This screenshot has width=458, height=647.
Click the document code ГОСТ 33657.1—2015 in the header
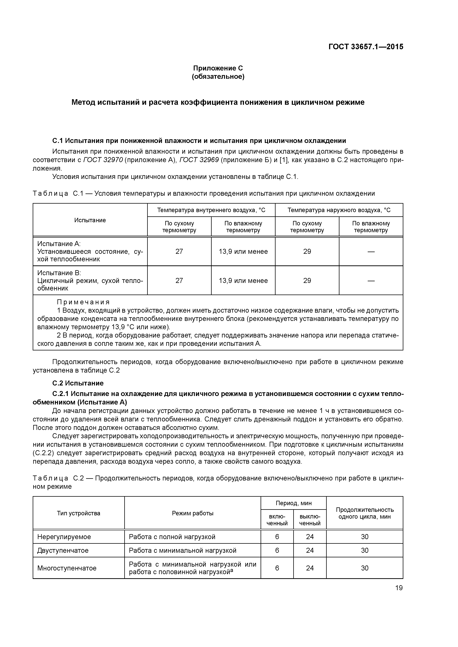pos(365,47)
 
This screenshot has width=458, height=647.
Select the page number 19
pos(399,588)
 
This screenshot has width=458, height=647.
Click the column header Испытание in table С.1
pos(90,220)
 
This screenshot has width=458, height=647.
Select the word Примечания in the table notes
pos(83,302)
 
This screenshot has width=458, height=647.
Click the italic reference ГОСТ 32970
pos(103,160)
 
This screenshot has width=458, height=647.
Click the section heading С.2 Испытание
pos(78,383)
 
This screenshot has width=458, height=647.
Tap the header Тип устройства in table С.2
pos(78,513)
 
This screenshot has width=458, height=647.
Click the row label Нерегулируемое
pos(64,537)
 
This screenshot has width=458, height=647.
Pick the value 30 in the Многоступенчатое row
pos(364,568)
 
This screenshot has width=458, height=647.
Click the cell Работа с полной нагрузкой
pos(172,537)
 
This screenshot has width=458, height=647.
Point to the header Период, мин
pos(293,503)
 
